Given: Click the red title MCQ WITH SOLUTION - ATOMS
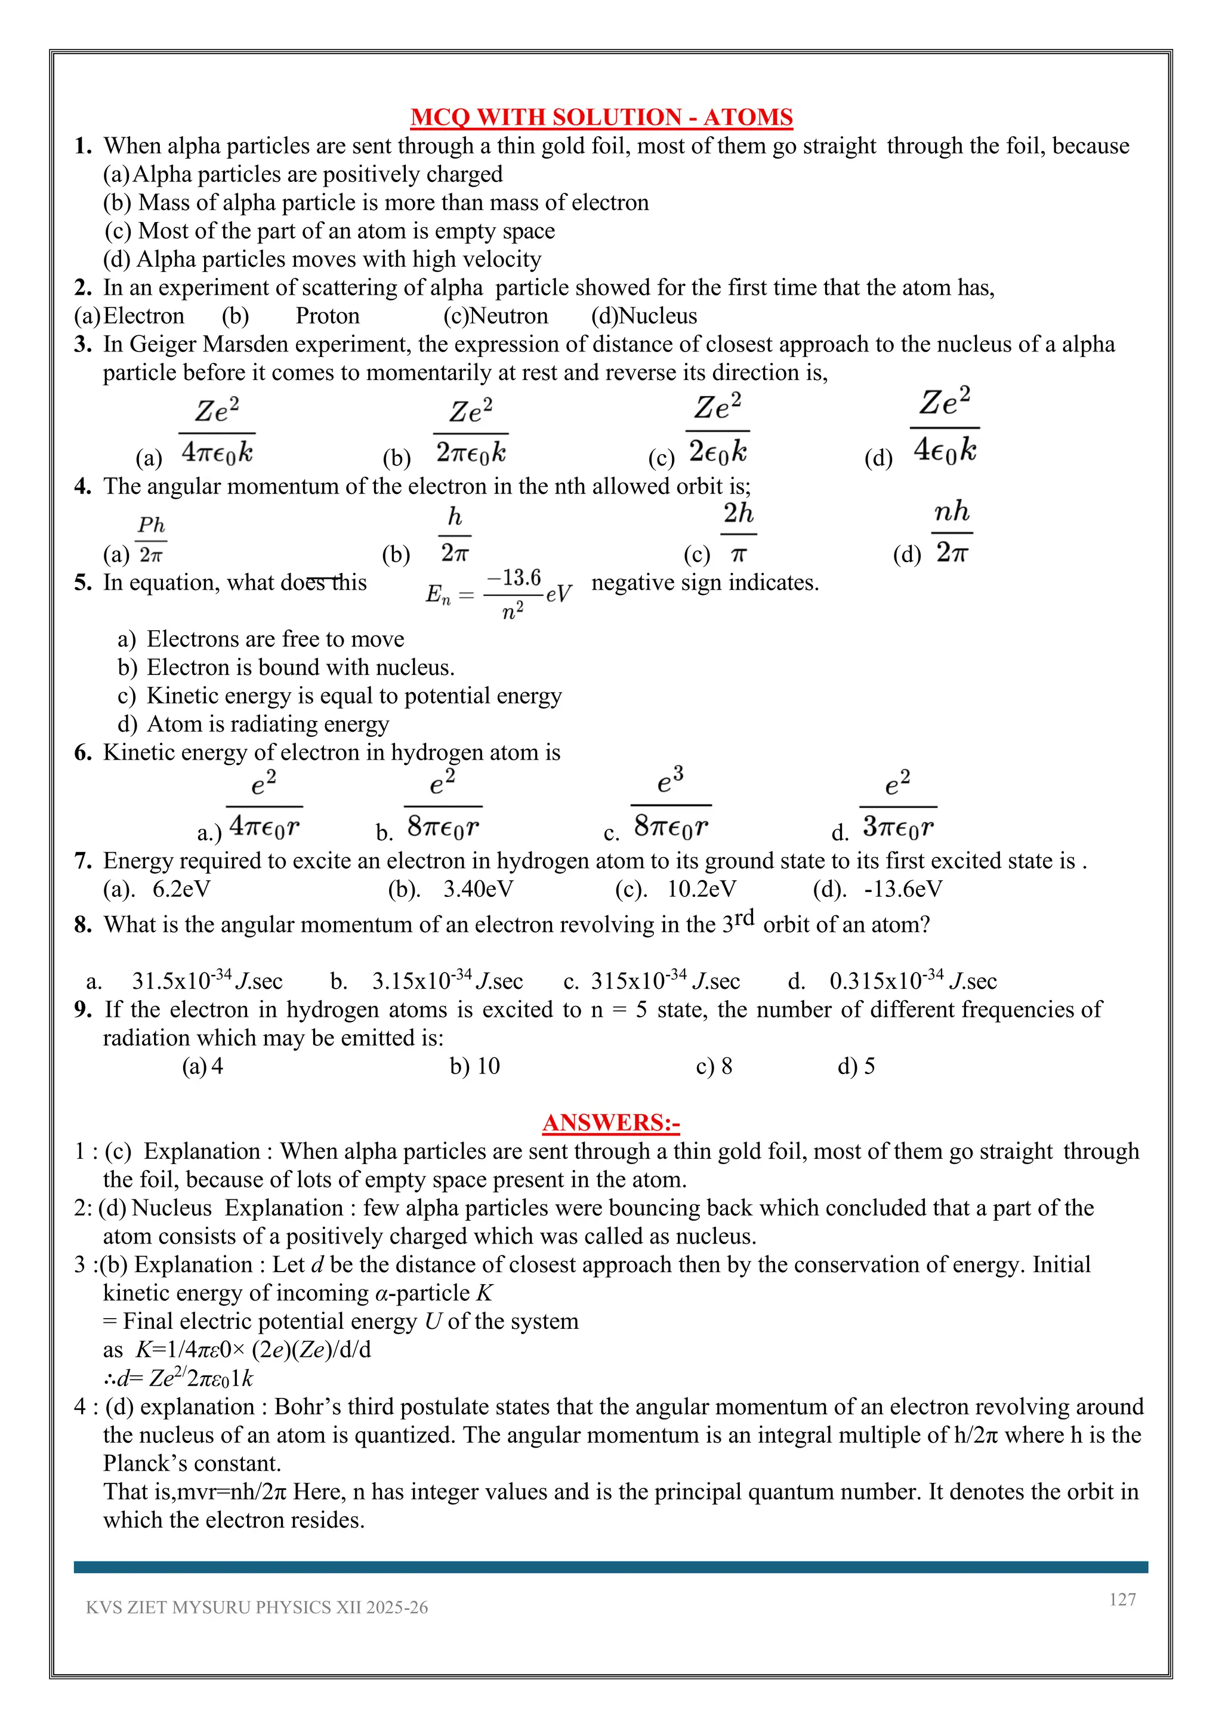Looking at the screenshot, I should [601, 118].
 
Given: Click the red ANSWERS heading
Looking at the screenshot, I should [610, 1123].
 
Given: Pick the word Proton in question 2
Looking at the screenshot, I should [328, 316].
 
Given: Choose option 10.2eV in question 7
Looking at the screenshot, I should [701, 889].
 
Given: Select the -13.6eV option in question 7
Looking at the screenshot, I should [902, 889].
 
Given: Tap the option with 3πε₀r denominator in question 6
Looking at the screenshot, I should [897, 807].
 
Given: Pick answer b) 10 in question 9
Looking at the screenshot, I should [475, 1066].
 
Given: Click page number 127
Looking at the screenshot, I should [1122, 1599].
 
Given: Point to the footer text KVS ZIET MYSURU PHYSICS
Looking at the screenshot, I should [257, 1607].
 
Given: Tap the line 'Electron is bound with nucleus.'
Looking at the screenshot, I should [300, 668].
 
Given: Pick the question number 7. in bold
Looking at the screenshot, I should [83, 861].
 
